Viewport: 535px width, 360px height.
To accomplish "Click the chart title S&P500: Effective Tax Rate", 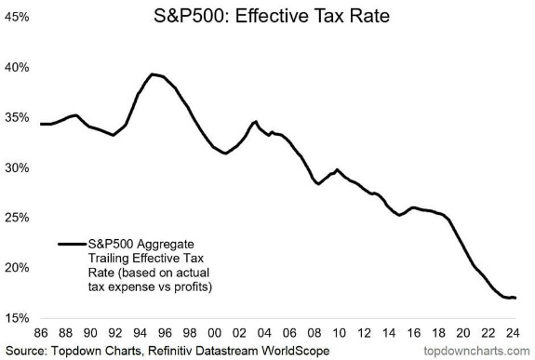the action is pyautogui.click(x=272, y=16).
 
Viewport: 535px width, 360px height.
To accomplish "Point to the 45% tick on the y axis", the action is pyautogui.click(x=17, y=17).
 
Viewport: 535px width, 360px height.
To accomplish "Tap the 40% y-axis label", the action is pyautogui.click(x=17, y=67).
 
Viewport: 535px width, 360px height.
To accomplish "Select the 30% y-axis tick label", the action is pyautogui.click(x=17, y=167).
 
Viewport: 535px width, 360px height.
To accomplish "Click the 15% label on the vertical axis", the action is pyautogui.click(x=17, y=318).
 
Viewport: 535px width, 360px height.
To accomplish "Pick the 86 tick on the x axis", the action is pyautogui.click(x=41, y=333).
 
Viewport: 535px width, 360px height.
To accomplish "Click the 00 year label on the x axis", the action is pyautogui.click(x=215, y=333).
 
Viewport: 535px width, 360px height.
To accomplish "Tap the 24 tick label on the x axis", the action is pyautogui.click(x=512, y=333).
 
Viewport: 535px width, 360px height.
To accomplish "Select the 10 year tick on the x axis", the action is pyautogui.click(x=339, y=333).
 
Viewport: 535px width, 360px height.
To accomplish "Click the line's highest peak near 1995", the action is pyautogui.click(x=153, y=74).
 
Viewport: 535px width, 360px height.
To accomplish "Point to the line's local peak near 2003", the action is pyautogui.click(x=255, y=122).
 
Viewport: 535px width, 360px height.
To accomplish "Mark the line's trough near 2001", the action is pyautogui.click(x=225, y=153).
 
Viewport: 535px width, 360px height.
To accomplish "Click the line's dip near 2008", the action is pyautogui.click(x=318, y=183).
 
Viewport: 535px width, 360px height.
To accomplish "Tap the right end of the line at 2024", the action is pyautogui.click(x=515, y=298).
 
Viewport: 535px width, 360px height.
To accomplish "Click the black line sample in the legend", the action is pyautogui.click(x=72, y=244).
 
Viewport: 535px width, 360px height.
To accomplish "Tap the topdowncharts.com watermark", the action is pyautogui.click(x=476, y=351).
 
